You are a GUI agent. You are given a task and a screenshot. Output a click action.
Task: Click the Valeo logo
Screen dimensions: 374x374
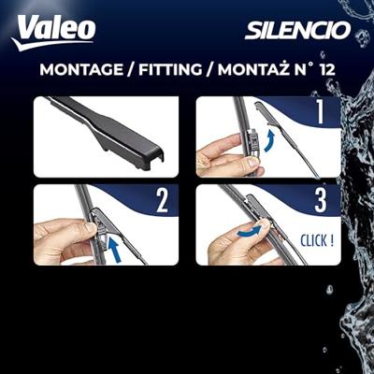pos(53,32)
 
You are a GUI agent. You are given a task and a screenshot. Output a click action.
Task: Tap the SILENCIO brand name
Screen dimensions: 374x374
pos(297,30)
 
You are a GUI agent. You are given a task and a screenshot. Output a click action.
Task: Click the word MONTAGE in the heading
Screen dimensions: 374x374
pos(81,69)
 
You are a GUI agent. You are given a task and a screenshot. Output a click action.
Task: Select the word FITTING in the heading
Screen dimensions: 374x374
pos(170,69)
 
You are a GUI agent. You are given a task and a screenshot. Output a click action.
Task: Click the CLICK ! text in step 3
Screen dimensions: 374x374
pos(317,240)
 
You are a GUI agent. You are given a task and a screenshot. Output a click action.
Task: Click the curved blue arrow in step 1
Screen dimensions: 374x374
pos(270,141)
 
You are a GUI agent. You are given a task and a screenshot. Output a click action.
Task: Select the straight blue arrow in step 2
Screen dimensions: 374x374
pos(114,248)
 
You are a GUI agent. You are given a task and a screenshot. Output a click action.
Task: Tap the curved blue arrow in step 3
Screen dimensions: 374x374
pos(249,232)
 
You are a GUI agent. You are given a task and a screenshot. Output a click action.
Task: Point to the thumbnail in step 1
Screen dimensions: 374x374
pos(252,162)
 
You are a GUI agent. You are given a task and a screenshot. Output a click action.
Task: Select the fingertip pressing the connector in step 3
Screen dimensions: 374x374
pos(265,223)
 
